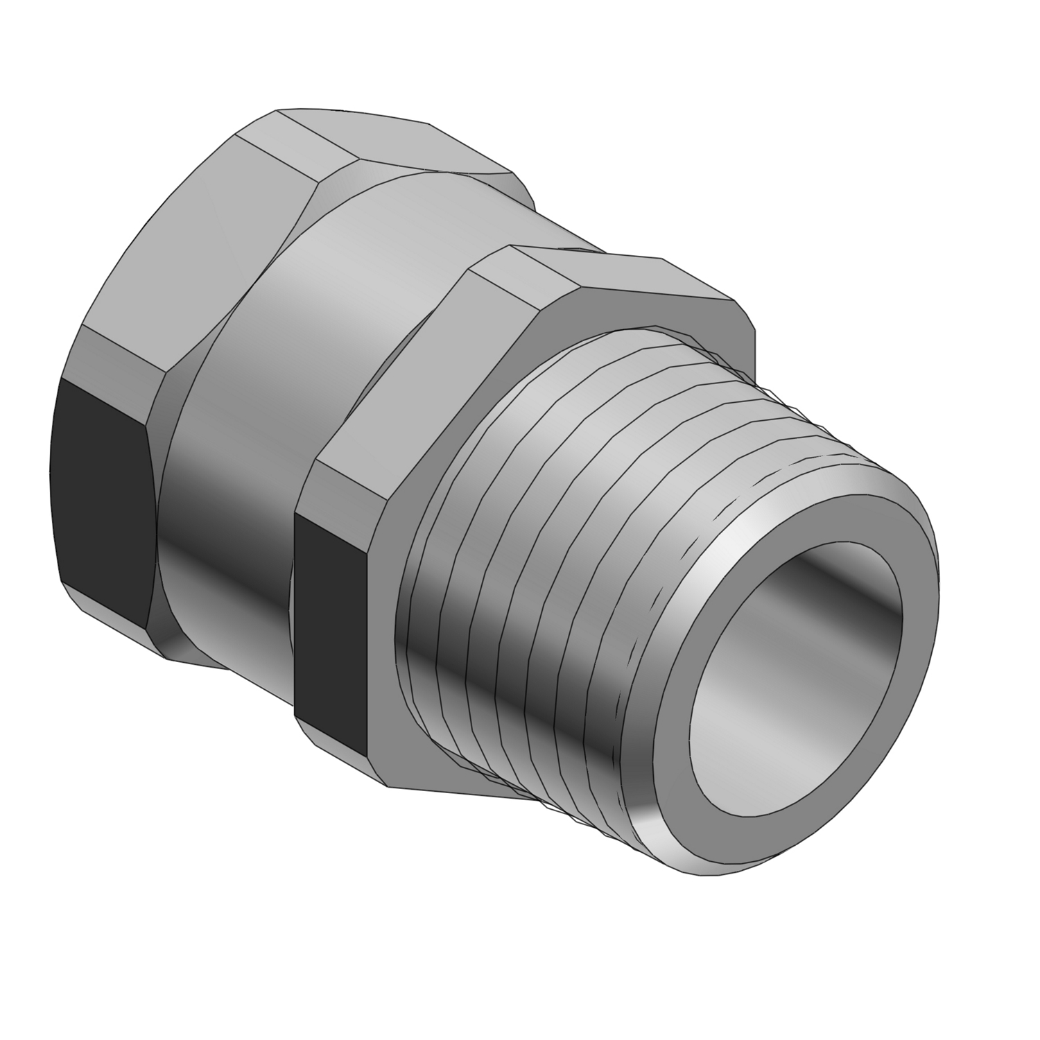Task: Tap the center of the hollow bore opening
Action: pyautogui.click(x=797, y=666)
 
